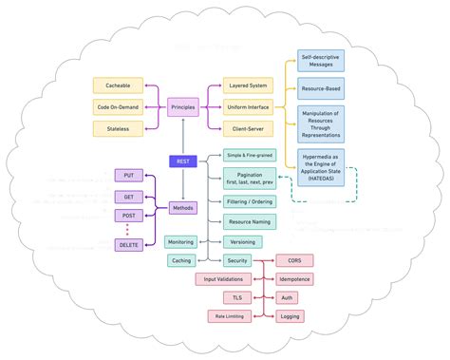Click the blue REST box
coord(182,161)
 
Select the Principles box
coord(183,106)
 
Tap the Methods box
coord(183,207)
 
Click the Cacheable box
coord(119,85)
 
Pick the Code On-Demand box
coord(119,106)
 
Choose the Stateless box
coord(119,127)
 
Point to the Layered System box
coord(247,85)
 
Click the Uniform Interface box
coord(247,106)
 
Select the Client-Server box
coord(247,127)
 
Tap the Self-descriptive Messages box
coord(321,60)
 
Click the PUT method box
coord(128,175)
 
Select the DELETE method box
coord(128,245)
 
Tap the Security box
coord(237,260)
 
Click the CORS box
coord(293,260)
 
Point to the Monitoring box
coord(180,241)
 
